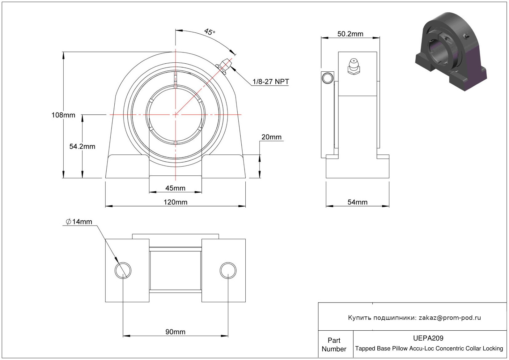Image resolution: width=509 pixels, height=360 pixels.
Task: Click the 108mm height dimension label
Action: [x=63, y=115]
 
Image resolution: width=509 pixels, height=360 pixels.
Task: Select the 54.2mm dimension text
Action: [x=82, y=146]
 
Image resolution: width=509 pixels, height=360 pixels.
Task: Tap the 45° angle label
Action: [x=210, y=32]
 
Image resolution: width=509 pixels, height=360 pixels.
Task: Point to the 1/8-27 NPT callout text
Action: [x=271, y=82]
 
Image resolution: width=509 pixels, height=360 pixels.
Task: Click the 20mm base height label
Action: [x=271, y=137]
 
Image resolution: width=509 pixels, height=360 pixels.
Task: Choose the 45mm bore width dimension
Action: [x=175, y=188]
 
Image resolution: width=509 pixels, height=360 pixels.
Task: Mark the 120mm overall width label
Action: [x=176, y=202]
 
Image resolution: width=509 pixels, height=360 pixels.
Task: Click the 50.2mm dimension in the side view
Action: [x=350, y=34]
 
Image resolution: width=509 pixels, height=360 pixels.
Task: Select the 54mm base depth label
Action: [x=358, y=202]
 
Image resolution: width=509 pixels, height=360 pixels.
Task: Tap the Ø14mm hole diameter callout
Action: [x=79, y=222]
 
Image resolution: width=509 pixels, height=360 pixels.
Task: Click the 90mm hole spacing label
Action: [x=175, y=332]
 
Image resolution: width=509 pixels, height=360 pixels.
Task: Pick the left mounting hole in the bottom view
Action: [x=123, y=270]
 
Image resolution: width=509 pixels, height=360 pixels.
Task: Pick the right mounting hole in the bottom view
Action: [x=228, y=270]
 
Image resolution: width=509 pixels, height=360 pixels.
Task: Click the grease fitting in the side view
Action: [x=354, y=66]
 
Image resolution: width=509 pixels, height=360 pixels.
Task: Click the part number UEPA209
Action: [x=428, y=338]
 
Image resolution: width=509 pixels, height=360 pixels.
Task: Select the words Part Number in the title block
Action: [x=334, y=345]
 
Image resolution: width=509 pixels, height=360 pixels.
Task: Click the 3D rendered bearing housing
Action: [x=451, y=51]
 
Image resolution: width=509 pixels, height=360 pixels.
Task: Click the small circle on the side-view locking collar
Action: [x=327, y=78]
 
